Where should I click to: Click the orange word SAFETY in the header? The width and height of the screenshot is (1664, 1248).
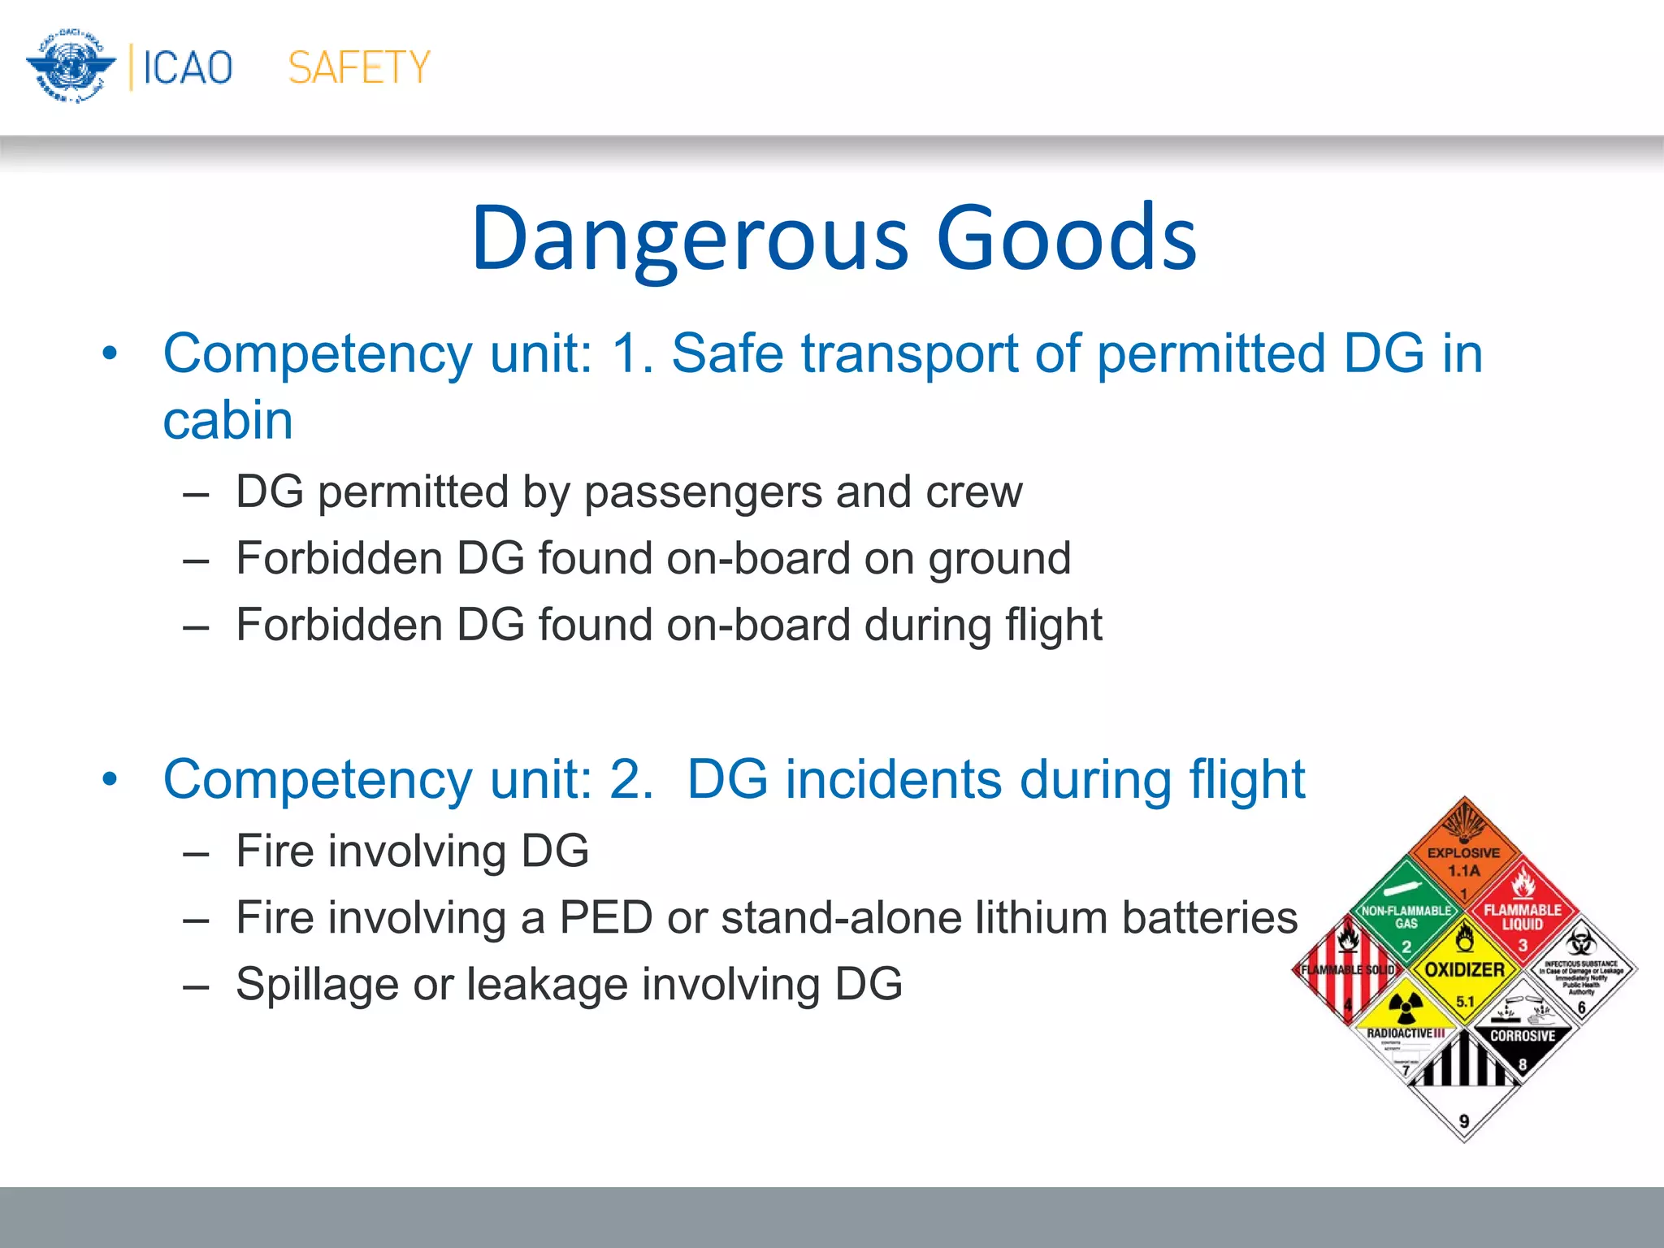(x=358, y=67)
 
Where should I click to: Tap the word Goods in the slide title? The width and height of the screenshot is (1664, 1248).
(x=1066, y=238)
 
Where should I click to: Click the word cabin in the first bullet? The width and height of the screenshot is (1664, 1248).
(x=227, y=421)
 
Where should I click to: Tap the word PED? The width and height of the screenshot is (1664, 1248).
(x=605, y=918)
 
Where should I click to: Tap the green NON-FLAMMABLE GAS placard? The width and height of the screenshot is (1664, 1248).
(x=1406, y=914)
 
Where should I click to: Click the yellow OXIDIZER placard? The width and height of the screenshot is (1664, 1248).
(x=1464, y=970)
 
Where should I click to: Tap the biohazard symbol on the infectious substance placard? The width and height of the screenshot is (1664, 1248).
(x=1581, y=942)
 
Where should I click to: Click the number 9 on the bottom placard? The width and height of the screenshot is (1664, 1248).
(x=1464, y=1121)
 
